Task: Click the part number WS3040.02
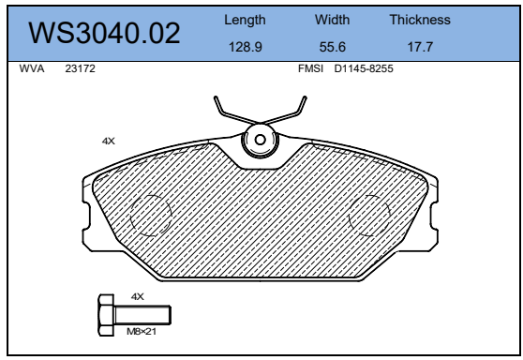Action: [x=105, y=34]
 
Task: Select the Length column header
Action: [x=245, y=20]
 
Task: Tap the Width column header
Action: [x=332, y=20]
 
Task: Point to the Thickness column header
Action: [x=419, y=20]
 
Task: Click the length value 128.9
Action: [x=245, y=46]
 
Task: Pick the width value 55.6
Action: [x=332, y=46]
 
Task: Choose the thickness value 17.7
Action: [x=419, y=46]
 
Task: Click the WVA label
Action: [x=32, y=69]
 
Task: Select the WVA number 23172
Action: [x=81, y=69]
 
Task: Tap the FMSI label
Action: [x=310, y=69]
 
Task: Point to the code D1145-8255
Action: [x=365, y=69]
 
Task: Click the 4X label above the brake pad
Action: [x=108, y=141]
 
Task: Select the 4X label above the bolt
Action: [x=137, y=296]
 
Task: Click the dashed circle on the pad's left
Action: [x=150, y=215]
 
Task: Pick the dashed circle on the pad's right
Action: [x=369, y=215]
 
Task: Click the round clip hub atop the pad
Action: [x=258, y=142]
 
